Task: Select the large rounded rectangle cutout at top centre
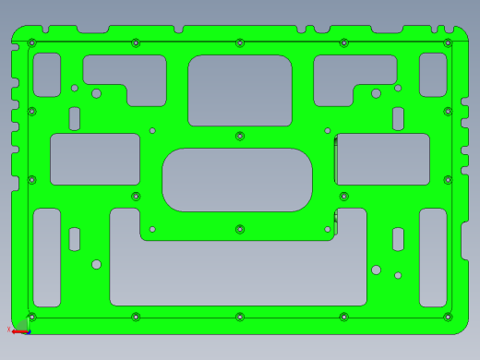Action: click(x=240, y=90)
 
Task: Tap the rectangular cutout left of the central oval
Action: click(x=95, y=159)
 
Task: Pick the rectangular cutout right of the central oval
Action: click(x=383, y=159)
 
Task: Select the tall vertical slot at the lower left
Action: click(x=46, y=258)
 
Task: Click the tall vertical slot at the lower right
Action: click(x=433, y=258)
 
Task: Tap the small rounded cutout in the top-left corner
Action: click(x=46, y=75)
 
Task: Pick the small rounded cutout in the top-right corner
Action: click(x=433, y=75)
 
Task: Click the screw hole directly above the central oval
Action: click(x=240, y=136)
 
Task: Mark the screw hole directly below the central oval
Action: click(x=240, y=229)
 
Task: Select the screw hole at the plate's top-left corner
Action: click(x=32, y=42)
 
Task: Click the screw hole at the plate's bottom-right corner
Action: click(x=448, y=317)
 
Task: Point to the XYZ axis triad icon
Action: click(x=19, y=328)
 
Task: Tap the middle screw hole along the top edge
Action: click(x=240, y=42)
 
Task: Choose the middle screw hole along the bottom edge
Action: click(x=240, y=317)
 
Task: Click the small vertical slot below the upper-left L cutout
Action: click(x=75, y=118)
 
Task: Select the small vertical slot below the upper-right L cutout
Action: click(x=398, y=118)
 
